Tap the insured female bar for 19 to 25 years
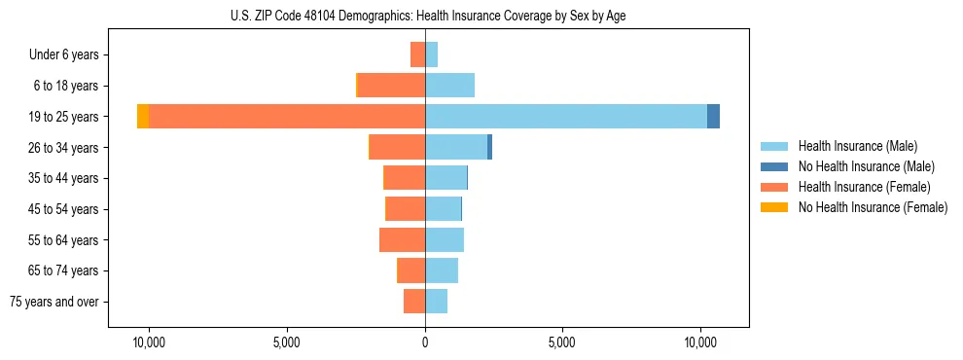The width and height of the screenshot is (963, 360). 287,116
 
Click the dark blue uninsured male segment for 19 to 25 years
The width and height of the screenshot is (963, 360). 713,116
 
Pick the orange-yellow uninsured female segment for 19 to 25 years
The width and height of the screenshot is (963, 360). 143,116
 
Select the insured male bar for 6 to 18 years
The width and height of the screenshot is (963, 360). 449,86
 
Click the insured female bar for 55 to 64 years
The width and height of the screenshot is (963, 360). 402,239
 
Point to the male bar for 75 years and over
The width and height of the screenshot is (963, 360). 436,302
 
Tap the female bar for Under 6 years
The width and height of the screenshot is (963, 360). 417,54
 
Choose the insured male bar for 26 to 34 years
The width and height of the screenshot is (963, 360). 456,147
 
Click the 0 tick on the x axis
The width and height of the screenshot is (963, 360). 425,342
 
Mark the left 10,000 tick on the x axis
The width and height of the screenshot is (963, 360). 149,342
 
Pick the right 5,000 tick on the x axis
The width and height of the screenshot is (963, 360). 563,342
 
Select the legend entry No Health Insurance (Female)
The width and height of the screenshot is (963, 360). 873,207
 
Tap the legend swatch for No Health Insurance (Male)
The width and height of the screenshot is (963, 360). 774,166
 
